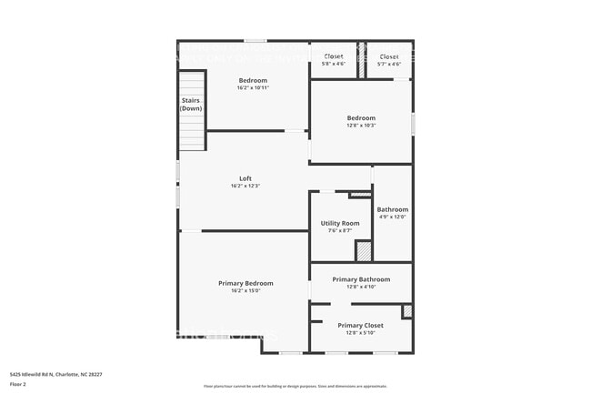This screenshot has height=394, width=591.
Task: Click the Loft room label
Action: pos(245,178)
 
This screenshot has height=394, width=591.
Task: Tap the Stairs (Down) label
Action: pos(191,105)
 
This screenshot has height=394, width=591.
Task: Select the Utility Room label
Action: pos(340,223)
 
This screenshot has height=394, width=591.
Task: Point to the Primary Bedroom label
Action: pos(245,283)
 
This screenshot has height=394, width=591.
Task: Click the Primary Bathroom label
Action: pos(361,279)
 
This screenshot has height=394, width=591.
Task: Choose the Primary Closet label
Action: pos(360,325)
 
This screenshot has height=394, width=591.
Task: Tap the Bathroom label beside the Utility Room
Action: pos(393,209)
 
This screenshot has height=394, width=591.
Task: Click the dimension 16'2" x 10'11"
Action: pos(253,88)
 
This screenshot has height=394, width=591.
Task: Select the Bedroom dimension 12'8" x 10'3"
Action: pos(360,126)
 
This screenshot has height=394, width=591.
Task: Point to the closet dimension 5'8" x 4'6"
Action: pos(334,64)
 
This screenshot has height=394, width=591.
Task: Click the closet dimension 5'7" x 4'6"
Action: pos(388,64)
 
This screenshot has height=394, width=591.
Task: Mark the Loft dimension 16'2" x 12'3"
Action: pos(245,187)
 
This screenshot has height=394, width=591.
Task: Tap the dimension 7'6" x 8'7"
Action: pos(340,231)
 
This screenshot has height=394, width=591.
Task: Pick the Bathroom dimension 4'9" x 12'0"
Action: pos(392,217)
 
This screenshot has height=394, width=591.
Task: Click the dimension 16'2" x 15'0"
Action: pos(245,291)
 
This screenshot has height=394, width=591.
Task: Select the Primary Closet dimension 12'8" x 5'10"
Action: pos(360,332)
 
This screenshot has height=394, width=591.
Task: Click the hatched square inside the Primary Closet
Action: pos(406,311)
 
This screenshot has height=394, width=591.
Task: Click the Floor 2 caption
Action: pos(19,384)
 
